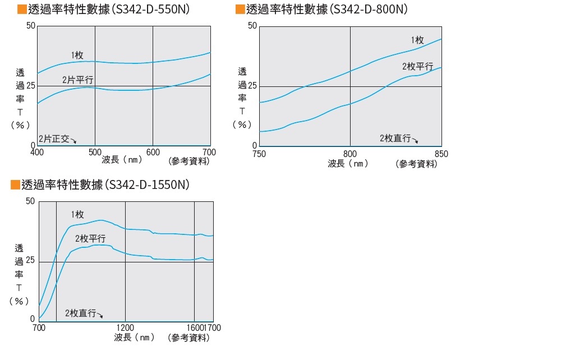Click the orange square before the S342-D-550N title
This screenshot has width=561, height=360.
[x=22, y=10]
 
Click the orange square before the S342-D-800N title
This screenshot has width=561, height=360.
[x=240, y=10]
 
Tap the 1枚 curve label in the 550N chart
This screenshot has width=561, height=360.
[x=77, y=55]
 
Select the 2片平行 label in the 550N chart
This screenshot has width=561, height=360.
[x=77, y=80]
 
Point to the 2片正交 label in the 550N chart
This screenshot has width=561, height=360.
[x=54, y=139]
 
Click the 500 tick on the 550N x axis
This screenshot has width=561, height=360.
[x=95, y=152]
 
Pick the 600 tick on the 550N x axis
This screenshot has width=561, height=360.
[x=153, y=152]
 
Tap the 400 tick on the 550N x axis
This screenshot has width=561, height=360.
[x=37, y=152]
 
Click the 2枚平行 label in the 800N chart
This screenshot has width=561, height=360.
[x=417, y=66]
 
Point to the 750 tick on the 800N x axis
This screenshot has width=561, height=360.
[x=259, y=153]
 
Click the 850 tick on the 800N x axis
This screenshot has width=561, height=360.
[x=441, y=153]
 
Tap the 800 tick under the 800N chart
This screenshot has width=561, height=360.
[x=350, y=153]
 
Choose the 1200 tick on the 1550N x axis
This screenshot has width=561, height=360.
[x=125, y=327]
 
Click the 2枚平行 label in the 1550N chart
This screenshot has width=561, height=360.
[x=90, y=238]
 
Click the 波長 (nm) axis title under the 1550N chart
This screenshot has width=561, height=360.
[x=134, y=338]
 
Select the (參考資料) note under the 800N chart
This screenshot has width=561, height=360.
[x=416, y=164]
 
